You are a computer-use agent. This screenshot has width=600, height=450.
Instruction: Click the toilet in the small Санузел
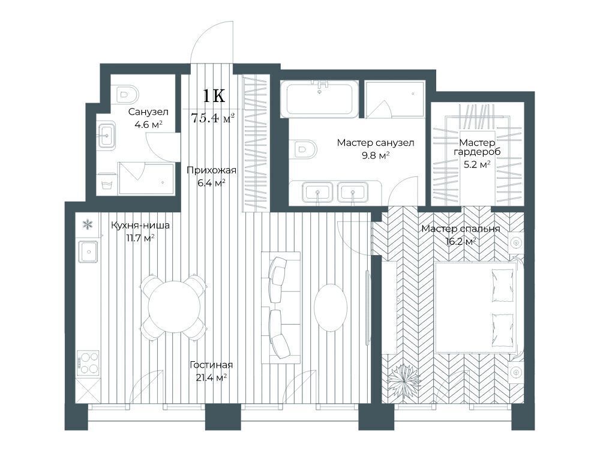click(x=126, y=94)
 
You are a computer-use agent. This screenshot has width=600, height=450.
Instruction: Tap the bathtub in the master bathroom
click(x=319, y=99)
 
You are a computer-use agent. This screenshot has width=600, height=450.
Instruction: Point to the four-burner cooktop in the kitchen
click(x=88, y=362)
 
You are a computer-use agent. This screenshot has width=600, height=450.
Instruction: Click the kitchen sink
click(x=89, y=251)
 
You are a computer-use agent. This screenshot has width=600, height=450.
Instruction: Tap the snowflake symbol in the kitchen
click(x=88, y=224)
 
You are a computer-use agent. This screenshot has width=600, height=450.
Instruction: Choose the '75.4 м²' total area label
click(x=212, y=118)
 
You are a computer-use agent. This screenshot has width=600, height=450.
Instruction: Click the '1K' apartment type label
click(x=214, y=96)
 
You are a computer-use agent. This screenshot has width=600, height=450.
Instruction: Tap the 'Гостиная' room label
click(x=211, y=365)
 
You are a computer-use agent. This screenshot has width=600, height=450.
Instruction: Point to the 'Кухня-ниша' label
click(x=140, y=226)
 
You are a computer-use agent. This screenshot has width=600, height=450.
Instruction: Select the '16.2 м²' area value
click(x=461, y=241)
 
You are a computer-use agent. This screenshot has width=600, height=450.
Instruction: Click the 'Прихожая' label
click(x=212, y=170)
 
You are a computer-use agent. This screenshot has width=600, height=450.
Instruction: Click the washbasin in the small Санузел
click(x=106, y=135)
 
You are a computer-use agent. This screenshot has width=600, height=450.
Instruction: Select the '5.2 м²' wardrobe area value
click(x=477, y=164)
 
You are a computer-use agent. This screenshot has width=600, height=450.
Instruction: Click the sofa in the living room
click(x=280, y=307)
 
